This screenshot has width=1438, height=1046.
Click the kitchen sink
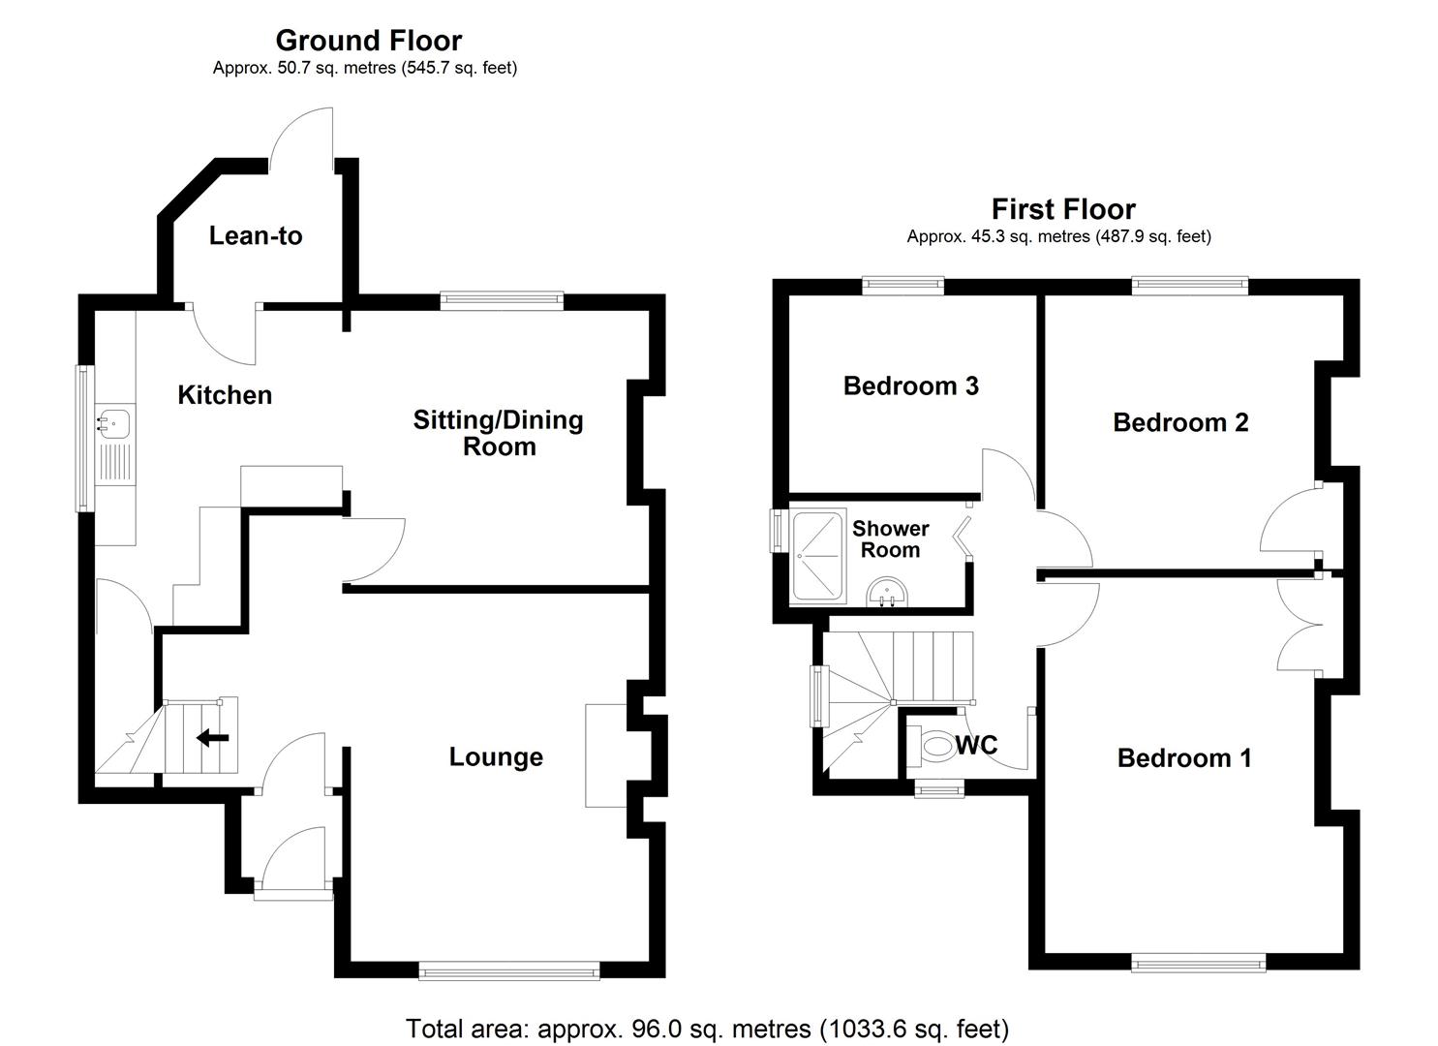click(114, 422)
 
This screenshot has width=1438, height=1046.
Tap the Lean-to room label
click(256, 235)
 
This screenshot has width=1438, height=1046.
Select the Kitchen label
click(225, 395)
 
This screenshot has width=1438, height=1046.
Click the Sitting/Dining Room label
click(498, 433)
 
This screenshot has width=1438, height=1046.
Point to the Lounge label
click(496, 756)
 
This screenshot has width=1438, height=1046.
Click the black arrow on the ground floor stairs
click(212, 739)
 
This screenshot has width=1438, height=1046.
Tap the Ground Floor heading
click(368, 40)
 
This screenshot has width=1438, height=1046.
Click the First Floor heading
click(1062, 208)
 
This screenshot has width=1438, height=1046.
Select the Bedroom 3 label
click(910, 385)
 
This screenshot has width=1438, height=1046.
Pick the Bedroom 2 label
click(1179, 422)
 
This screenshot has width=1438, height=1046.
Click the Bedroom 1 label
click(1183, 757)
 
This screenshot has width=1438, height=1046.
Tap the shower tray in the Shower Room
click(819, 556)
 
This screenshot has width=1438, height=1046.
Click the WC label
click(976, 745)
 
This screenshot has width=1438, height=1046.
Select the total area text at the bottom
click(707, 1028)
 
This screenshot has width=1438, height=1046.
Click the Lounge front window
click(509, 970)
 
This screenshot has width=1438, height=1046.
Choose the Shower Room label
click(890, 539)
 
